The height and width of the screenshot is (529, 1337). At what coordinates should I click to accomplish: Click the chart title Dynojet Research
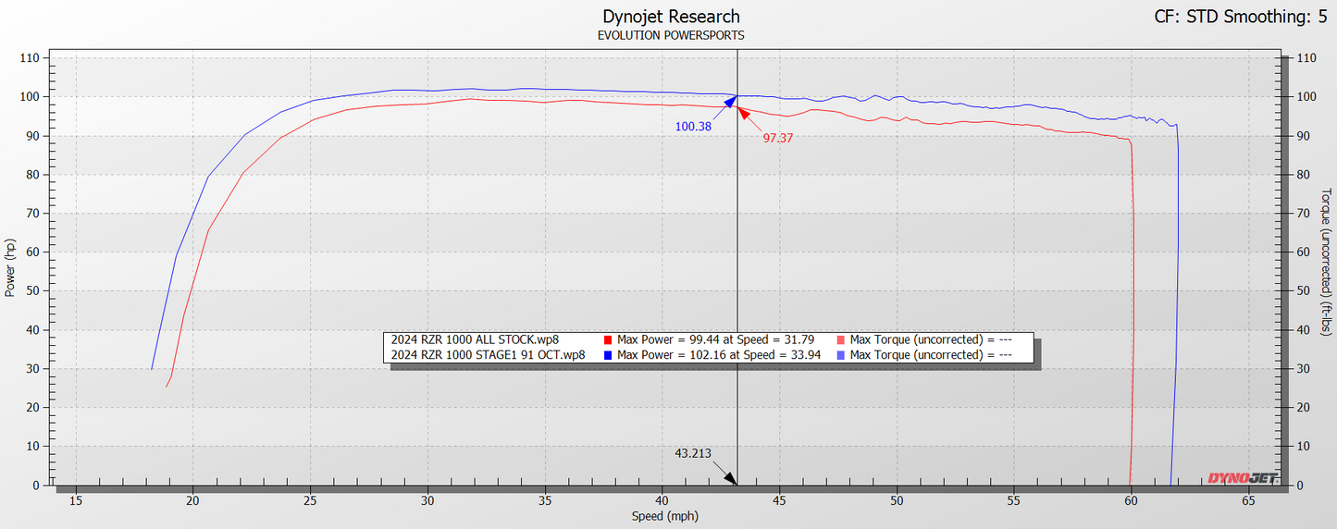pos(671,17)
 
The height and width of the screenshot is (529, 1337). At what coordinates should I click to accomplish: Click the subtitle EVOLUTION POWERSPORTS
pos(671,35)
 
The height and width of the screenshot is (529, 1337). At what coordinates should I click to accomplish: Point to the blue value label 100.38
pos(693,127)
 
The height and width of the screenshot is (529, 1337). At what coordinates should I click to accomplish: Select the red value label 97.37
pos(778,138)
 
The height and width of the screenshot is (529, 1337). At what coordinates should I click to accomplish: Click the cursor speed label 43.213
pos(693,453)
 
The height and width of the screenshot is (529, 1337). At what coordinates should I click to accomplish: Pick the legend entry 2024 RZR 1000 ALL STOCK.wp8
pos(475,339)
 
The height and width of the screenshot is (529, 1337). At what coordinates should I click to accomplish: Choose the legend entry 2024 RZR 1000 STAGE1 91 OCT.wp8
pos(488,354)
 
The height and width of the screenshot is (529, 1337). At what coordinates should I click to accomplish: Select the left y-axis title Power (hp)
pos(10,268)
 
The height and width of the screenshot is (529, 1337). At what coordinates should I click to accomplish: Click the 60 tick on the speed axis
pos(1131,501)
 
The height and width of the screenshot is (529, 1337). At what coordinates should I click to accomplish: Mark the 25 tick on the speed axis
pos(310,501)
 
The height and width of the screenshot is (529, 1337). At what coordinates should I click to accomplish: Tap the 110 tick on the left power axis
pos(31,57)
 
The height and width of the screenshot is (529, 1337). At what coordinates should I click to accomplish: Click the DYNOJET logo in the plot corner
pos(1242,478)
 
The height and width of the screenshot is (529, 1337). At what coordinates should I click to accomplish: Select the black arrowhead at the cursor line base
pos(731,478)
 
